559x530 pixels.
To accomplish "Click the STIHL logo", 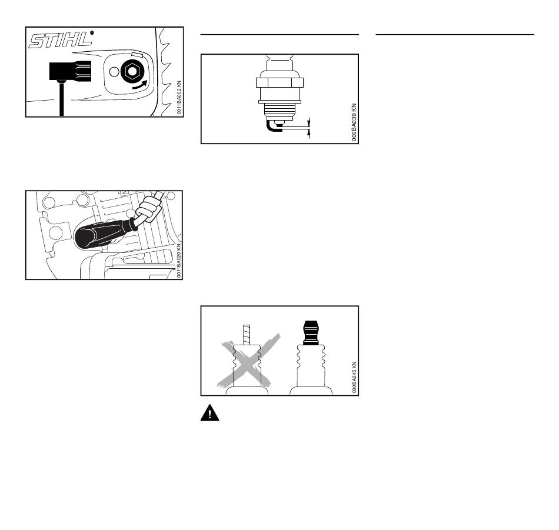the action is (61, 41).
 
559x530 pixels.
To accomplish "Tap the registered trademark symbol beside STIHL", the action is (92, 32).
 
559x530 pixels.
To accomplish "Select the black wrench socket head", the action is (65, 72).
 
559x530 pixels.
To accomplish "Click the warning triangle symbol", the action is (209, 414).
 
